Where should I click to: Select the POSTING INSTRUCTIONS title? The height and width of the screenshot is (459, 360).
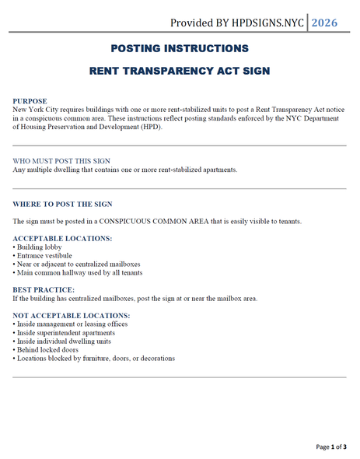[180, 48]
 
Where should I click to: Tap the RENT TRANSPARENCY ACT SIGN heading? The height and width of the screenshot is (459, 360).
[180, 70]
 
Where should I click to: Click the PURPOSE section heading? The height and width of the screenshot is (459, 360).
[30, 101]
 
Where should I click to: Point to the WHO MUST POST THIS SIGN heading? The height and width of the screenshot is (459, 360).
[61, 161]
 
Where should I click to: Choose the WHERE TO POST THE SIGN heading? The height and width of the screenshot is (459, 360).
[62, 204]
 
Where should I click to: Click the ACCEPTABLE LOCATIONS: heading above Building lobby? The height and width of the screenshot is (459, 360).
[62, 238]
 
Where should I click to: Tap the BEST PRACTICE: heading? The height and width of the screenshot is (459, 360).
[44, 289]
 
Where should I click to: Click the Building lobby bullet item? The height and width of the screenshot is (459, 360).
[38, 247]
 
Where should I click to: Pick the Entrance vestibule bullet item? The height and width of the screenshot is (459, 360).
[44, 255]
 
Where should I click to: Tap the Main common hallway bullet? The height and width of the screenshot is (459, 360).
[77, 272]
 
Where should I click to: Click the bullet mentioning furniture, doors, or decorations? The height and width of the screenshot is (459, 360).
[93, 358]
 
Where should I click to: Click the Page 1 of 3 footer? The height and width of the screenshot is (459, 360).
[330, 447]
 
